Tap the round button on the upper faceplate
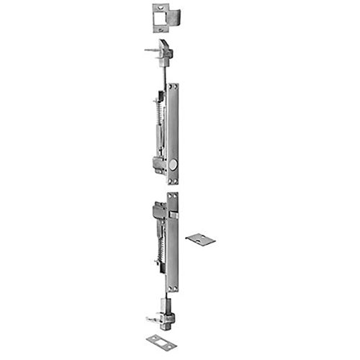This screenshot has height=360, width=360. (x=176, y=165)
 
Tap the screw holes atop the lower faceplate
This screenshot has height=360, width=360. (x=173, y=196)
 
